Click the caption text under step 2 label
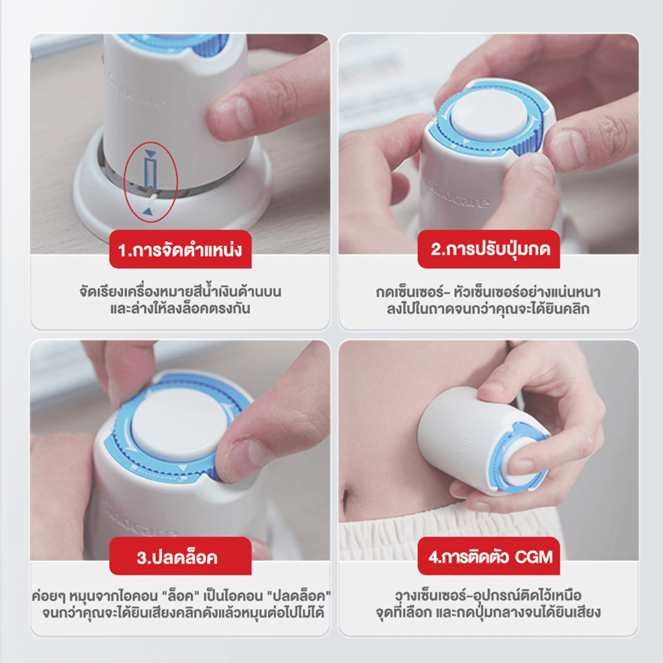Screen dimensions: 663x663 tap(487, 299)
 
